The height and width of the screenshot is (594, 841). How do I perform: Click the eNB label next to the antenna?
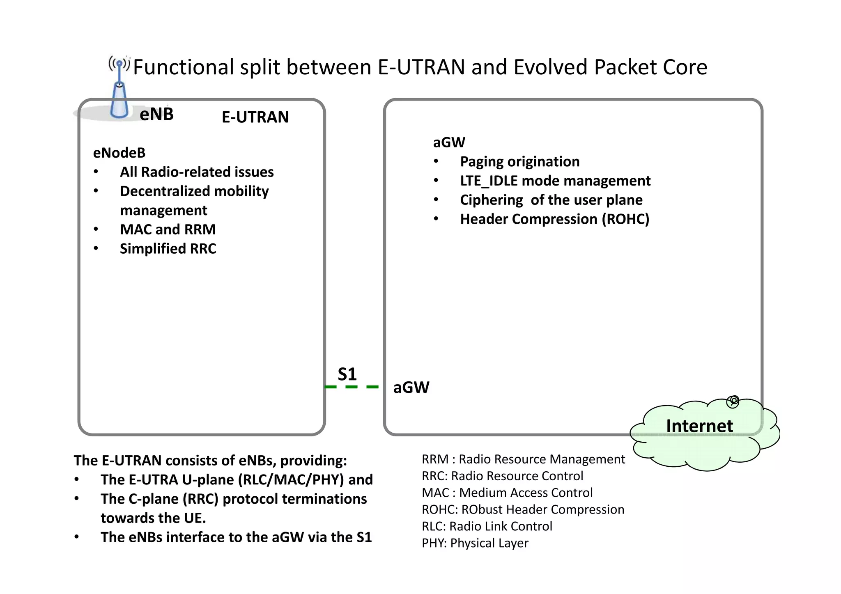click(x=156, y=114)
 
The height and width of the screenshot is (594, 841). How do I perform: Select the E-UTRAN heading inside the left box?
click(x=255, y=117)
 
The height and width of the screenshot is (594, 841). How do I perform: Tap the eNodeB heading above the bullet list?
click(x=119, y=153)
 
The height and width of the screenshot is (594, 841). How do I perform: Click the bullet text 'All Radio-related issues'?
click(x=197, y=172)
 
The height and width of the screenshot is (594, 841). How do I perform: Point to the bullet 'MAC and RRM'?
click(x=168, y=229)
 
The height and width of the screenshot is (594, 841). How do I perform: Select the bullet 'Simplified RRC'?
click(x=168, y=249)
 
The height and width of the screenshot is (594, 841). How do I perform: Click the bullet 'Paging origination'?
click(x=519, y=162)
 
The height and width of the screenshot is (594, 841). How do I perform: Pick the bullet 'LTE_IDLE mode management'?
click(x=555, y=181)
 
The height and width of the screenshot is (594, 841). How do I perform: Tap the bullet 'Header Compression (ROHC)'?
click(x=554, y=219)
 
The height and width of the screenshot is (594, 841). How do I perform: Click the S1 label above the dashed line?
click(x=347, y=374)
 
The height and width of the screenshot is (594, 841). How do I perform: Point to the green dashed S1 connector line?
click(x=352, y=387)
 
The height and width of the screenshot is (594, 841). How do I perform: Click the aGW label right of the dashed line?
click(x=411, y=388)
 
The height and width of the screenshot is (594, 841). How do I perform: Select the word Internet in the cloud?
click(x=699, y=426)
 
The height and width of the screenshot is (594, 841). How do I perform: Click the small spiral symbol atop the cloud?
click(x=733, y=401)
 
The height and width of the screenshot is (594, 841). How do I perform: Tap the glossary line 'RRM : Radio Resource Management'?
click(x=523, y=459)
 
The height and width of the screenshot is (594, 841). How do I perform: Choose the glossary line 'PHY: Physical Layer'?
click(x=475, y=543)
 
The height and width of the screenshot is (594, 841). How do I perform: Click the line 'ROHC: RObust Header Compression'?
click(x=523, y=509)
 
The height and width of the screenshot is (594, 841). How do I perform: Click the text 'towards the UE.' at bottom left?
click(x=153, y=518)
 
